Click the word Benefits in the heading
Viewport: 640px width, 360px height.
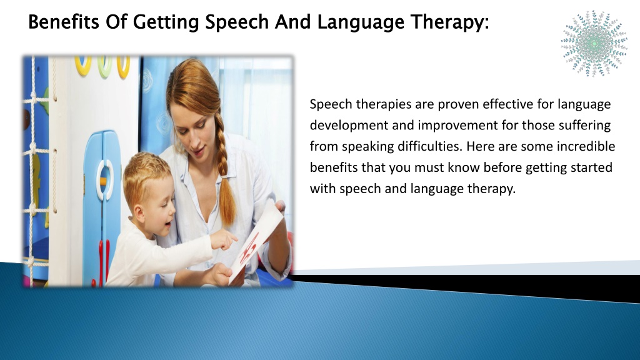click(x=64, y=22)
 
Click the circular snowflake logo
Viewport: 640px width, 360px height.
click(x=594, y=43)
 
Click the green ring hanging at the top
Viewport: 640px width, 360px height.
click(x=105, y=66)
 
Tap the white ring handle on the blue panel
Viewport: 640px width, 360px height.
click(x=105, y=179)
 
